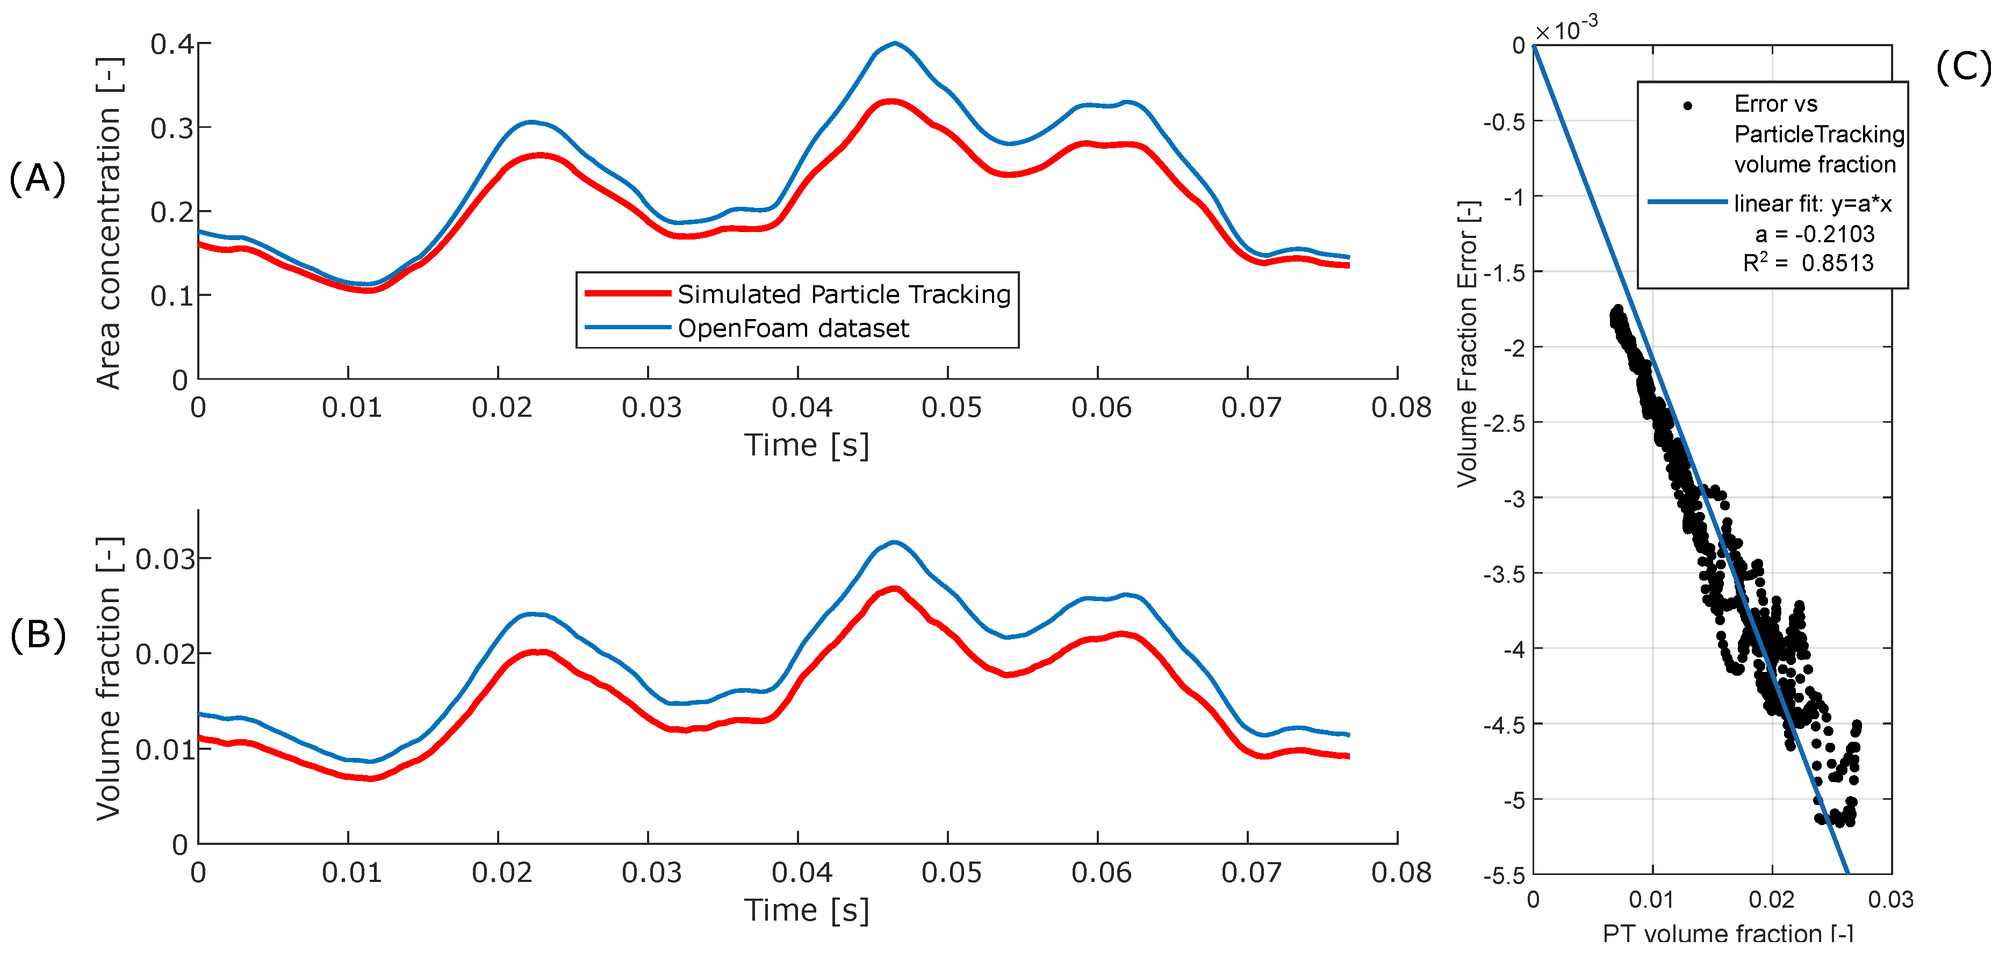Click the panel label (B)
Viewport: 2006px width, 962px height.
click(38, 634)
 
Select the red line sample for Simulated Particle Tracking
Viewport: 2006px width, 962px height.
click(627, 293)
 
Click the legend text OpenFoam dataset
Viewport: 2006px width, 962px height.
click(793, 328)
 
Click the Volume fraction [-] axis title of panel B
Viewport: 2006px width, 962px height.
click(109, 679)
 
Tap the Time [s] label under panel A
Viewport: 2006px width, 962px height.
click(806, 445)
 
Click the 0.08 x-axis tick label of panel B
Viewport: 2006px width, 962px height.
click(1401, 872)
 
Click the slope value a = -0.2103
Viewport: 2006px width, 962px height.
click(1815, 234)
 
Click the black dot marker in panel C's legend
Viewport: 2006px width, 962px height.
click(1687, 106)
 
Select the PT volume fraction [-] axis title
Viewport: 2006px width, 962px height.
click(1727, 933)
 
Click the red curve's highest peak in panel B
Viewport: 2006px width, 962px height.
click(896, 588)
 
